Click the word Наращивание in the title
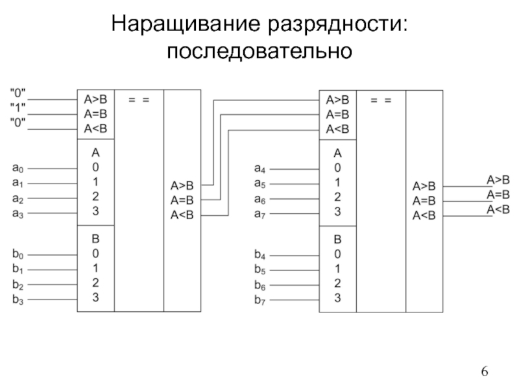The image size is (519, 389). [x=186, y=25]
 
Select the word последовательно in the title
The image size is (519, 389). [x=259, y=51]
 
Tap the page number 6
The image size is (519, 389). [x=485, y=371]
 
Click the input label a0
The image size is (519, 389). [x=18, y=168]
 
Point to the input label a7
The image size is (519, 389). [x=260, y=215]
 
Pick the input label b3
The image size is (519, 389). [x=18, y=300]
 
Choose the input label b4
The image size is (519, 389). [x=260, y=254]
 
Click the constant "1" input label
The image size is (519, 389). [x=18, y=108]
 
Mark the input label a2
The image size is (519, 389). [x=18, y=198]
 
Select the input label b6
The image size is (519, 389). [x=260, y=285]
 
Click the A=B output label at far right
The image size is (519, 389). [x=498, y=194]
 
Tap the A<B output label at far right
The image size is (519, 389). [x=498, y=209]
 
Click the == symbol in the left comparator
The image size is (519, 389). [x=139, y=100]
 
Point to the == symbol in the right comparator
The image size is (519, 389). [x=381, y=100]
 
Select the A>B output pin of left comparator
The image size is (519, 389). [x=182, y=185]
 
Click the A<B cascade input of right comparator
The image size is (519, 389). [x=337, y=129]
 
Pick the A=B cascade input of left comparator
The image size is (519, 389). [x=95, y=114]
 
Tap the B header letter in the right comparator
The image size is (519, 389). [x=337, y=239]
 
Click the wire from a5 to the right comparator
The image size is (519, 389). [x=295, y=184]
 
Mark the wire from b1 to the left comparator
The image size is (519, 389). [x=53, y=270]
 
